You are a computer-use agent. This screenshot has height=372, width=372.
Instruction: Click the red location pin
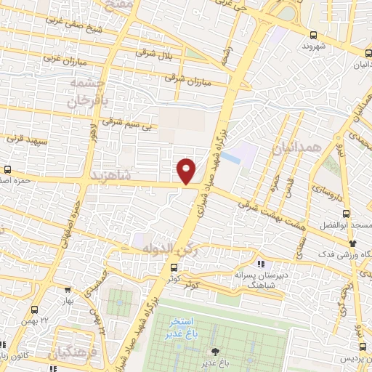[187, 171]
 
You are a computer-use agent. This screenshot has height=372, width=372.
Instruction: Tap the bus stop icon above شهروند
[313, 35]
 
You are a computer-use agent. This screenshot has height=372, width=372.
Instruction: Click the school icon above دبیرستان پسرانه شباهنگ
[260, 264]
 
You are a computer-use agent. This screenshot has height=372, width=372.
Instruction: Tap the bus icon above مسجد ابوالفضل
[345, 214]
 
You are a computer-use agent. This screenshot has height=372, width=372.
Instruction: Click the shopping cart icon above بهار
[67, 288]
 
